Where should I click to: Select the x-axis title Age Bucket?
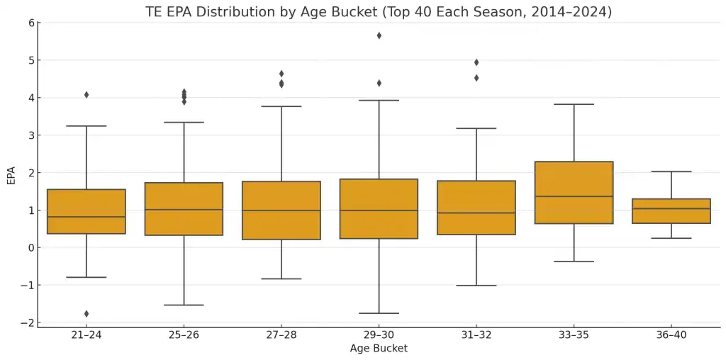(x=379, y=349)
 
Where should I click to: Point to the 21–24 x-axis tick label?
(x=86, y=335)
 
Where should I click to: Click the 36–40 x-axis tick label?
(x=671, y=335)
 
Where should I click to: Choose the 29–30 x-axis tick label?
(x=379, y=335)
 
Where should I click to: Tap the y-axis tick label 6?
(x=31, y=23)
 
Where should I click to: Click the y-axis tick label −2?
(x=28, y=323)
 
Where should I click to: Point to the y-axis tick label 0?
(x=31, y=248)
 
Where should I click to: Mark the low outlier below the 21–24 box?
(x=86, y=314)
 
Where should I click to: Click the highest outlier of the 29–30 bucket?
(x=379, y=35)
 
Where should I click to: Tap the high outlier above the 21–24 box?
(x=86, y=95)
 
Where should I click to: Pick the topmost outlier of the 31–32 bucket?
(x=476, y=62)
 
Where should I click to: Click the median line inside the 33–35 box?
(x=574, y=196)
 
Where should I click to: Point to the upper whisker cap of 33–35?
(x=574, y=104)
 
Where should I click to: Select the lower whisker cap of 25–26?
(x=184, y=305)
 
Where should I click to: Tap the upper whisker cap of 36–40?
(x=671, y=171)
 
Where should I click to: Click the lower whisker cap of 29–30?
(x=379, y=313)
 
